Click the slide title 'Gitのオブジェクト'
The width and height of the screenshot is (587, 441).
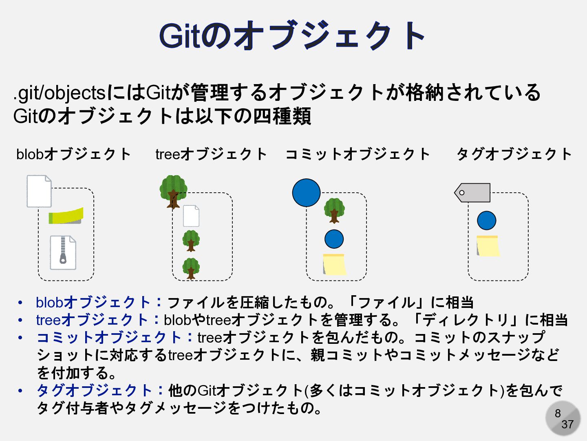coord(292,36)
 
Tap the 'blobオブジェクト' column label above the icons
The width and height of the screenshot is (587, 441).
coord(73,154)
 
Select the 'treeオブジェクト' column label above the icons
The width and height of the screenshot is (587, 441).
coord(211,154)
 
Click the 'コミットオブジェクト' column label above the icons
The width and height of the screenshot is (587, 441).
coord(357,154)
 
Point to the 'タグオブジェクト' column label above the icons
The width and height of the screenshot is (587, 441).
coord(514,154)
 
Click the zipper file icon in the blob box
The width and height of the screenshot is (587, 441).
coord(63,252)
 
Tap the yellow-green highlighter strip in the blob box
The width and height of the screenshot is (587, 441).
coord(66,216)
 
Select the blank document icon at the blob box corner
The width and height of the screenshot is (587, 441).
coord(39,191)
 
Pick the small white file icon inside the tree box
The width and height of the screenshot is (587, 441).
coord(191,216)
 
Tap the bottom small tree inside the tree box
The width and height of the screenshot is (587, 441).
coord(191,268)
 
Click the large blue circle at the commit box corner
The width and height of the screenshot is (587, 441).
coord(306,193)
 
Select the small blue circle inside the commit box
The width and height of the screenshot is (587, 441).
coord(334,239)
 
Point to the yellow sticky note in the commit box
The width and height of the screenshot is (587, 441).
coord(334,264)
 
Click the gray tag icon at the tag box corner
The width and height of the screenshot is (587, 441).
coord(473,193)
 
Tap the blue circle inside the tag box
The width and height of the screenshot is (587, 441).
coord(486,221)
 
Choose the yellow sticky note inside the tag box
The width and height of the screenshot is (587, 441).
coord(488,246)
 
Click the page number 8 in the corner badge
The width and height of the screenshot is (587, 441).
coord(558,413)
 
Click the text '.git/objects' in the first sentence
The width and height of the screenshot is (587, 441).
coord(60,93)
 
